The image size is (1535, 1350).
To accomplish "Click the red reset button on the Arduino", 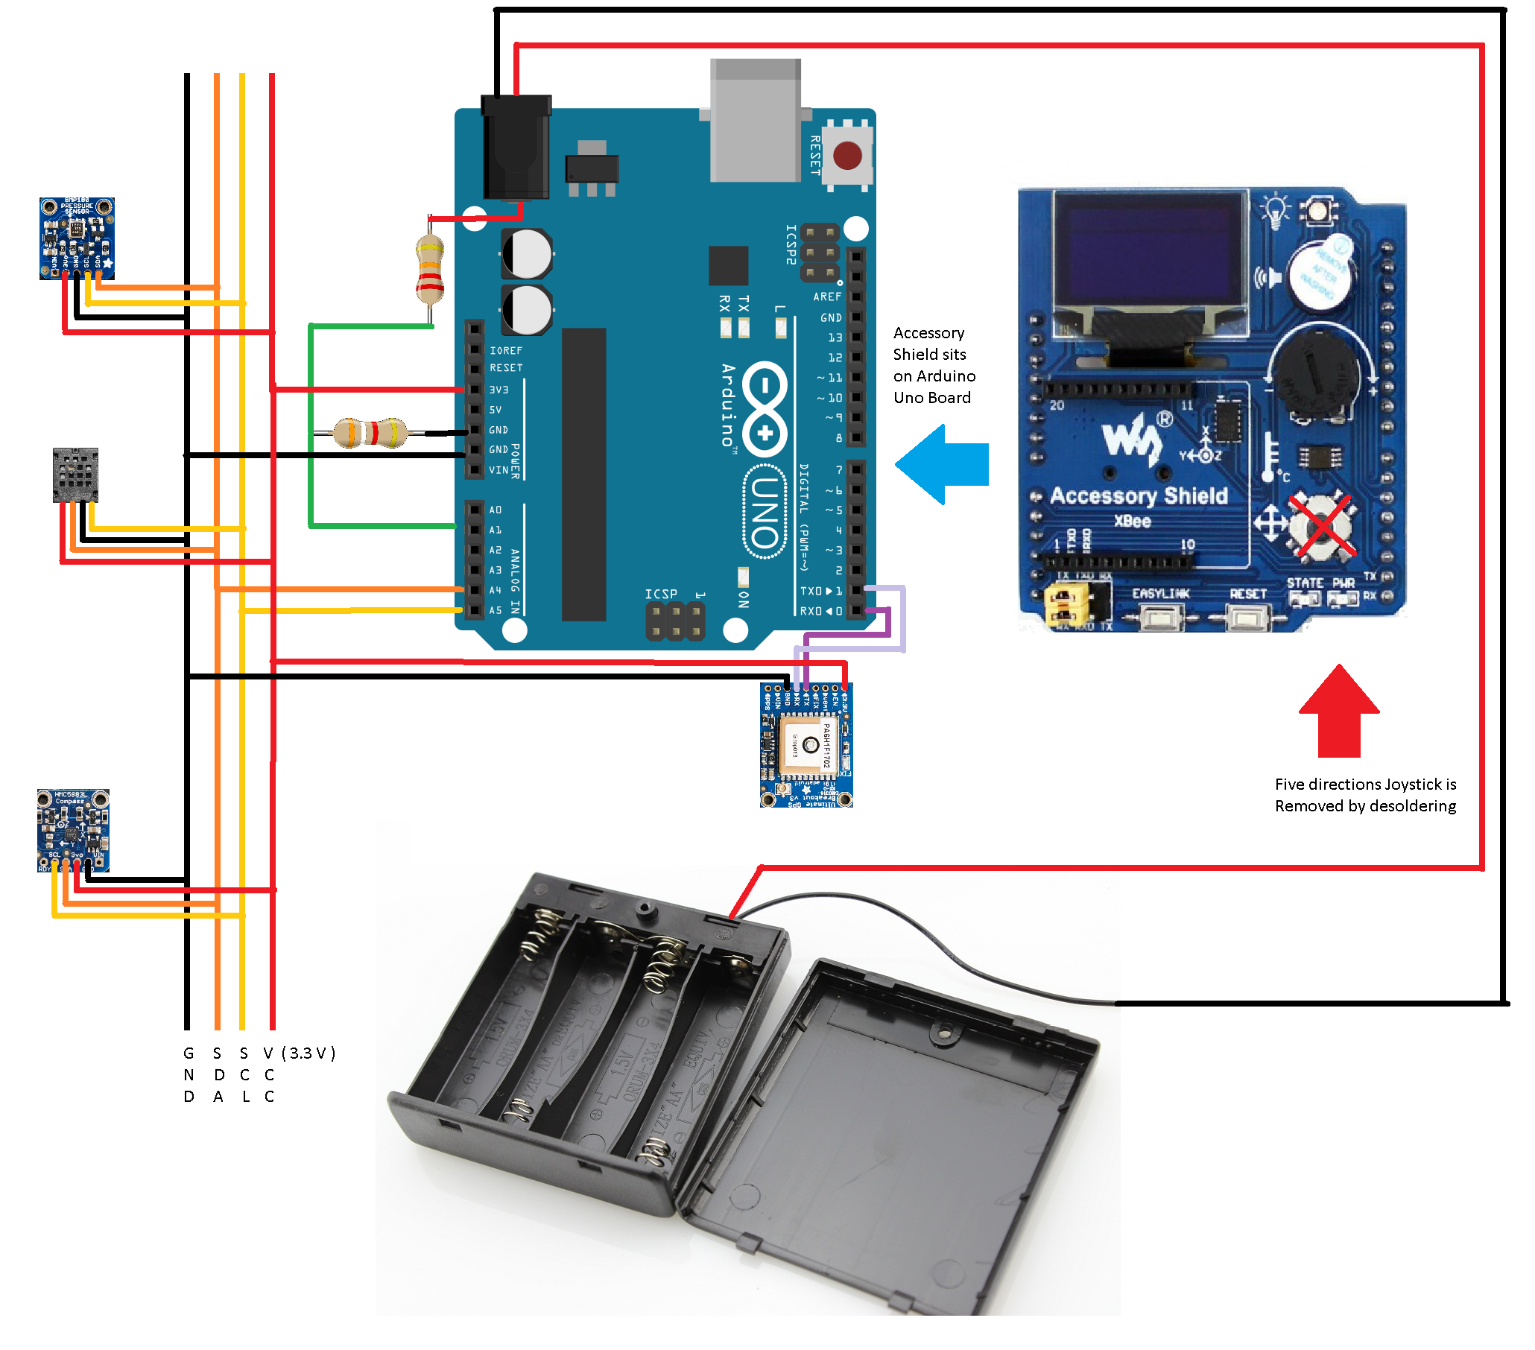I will point(847,156).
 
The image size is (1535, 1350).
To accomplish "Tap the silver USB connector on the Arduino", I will point(755,120).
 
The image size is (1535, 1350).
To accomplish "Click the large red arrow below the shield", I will point(1338,709).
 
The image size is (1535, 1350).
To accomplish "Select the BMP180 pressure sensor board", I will point(77,238).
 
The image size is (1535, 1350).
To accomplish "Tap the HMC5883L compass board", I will point(73,830).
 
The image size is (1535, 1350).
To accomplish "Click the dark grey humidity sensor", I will point(75,475).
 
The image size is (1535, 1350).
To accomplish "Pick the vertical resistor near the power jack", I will point(429,269).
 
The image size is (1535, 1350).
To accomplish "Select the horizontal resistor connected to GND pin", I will point(370,433).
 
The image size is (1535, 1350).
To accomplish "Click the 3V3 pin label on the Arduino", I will point(499,390).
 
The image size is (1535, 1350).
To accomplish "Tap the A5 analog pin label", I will point(496,610).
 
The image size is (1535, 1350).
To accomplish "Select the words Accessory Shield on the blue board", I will point(1139,495).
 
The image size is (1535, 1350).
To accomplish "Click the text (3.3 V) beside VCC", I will point(308,1053).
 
